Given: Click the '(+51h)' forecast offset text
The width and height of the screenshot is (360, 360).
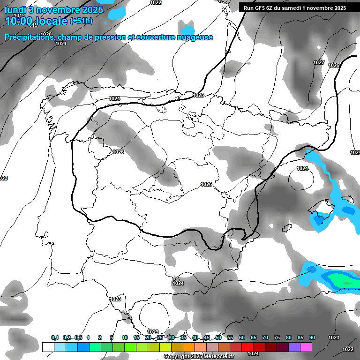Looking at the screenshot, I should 81,21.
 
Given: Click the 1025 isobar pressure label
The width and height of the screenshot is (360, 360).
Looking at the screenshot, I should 198,95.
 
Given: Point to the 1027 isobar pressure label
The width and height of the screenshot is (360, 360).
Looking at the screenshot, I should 319,62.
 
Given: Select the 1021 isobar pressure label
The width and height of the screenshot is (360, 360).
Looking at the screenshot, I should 61,44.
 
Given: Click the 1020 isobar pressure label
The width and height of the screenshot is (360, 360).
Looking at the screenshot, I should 46,34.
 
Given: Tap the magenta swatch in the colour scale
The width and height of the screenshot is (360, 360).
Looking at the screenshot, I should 306,347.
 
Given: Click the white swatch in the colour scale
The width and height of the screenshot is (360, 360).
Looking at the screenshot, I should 48,347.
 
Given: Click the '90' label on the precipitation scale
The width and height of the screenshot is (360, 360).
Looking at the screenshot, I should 312,337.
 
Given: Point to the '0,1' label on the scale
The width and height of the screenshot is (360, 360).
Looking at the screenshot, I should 54,337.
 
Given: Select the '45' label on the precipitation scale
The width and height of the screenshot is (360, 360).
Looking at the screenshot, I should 207,337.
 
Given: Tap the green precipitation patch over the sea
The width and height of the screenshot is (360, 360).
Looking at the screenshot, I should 345,281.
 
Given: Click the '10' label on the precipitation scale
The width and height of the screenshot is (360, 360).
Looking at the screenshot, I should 125,337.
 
